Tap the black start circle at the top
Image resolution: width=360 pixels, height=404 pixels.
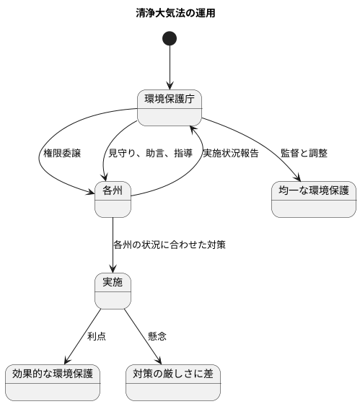point(170,38)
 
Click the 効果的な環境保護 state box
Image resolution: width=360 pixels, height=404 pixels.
point(52,383)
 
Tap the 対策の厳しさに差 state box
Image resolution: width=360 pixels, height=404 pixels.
point(172,383)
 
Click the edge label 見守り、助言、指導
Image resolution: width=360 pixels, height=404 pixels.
point(150,154)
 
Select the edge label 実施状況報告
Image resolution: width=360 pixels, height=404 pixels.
point(230,154)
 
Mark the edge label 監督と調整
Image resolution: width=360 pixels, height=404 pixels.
point(304,154)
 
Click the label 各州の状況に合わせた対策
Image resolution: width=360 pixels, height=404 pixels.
point(170,245)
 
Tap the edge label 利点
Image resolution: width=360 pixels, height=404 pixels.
point(96,337)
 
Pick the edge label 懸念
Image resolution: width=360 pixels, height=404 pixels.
point(157,337)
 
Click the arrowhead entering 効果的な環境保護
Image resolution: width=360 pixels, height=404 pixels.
point(66,362)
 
